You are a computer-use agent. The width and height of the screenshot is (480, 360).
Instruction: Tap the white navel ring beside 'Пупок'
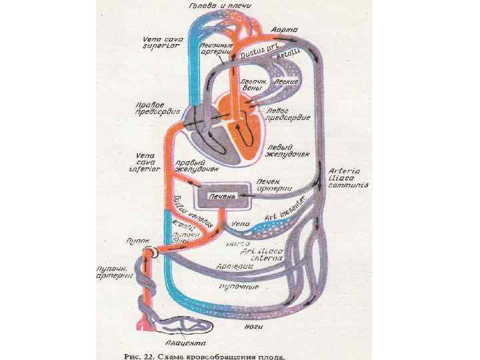[152, 252]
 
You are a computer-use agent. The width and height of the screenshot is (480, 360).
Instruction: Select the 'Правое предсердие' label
[154, 109]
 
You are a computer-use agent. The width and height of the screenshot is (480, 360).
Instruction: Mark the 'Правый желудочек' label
[194, 165]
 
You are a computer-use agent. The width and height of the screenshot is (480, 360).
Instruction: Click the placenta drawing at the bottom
[183, 326]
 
